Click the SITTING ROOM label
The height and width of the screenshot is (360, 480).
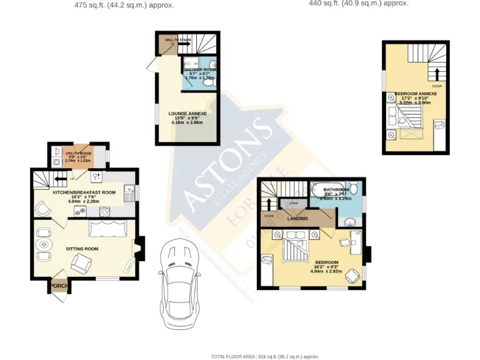(82, 249)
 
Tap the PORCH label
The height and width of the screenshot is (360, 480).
(59, 286)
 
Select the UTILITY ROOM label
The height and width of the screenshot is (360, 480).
(78, 153)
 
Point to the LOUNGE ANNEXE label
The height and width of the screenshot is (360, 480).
(187, 114)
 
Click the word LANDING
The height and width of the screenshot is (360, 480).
(298, 219)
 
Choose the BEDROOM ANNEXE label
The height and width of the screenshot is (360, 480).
(416, 94)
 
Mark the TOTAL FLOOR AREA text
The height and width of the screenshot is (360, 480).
(264, 356)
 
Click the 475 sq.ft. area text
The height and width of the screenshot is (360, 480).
(124, 5)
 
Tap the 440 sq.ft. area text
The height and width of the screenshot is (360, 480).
(358, 3)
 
